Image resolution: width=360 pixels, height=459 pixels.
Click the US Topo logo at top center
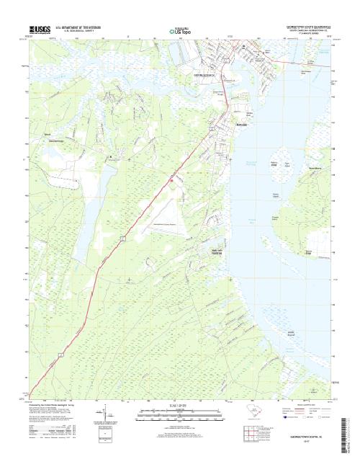179,31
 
